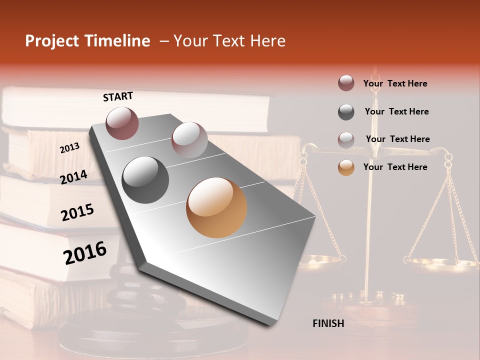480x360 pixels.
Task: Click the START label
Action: point(118,96)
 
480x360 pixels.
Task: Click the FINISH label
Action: point(328,323)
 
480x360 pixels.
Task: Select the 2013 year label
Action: point(69,148)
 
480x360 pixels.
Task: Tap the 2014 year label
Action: point(73,177)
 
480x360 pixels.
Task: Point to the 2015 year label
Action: point(77,212)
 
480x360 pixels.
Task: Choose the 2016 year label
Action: point(85,252)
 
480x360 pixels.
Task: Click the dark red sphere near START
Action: point(122,123)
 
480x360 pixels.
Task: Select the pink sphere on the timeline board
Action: point(189,140)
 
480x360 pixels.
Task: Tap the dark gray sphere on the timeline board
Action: point(145,180)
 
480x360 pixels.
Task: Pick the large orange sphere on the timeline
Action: point(216,207)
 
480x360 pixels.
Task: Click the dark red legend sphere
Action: point(346,83)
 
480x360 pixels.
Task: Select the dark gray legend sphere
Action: point(346,112)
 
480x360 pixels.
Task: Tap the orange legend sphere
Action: point(346,167)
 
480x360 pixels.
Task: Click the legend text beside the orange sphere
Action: point(395,167)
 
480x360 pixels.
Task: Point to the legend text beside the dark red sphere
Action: point(395,83)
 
